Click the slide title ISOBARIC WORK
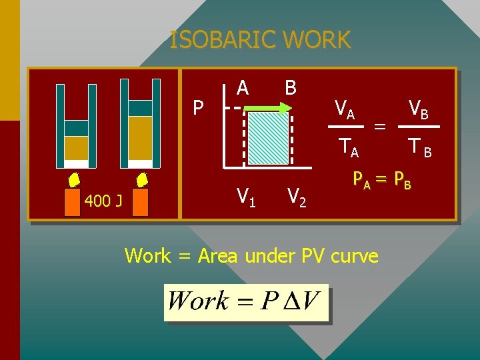[260, 41]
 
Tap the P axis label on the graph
[198, 107]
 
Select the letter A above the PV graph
[243, 88]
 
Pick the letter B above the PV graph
[290, 88]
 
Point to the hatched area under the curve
[269, 137]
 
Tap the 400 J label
[103, 201]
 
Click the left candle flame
[73, 180]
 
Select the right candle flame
[141, 180]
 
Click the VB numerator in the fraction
[419, 108]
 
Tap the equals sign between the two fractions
[380, 125]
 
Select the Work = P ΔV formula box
[247, 302]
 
